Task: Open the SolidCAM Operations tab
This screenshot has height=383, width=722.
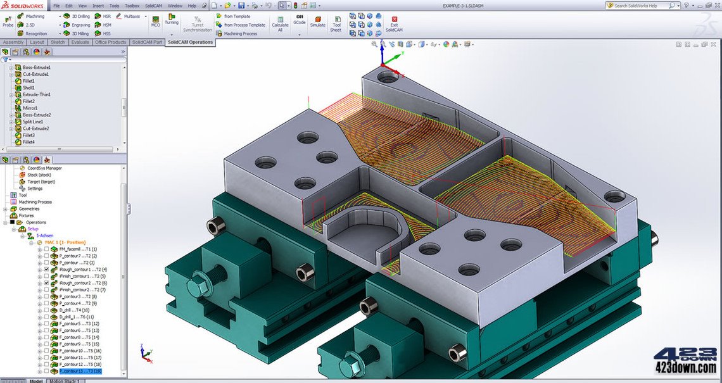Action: (x=190, y=42)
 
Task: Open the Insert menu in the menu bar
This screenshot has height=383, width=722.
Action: (x=98, y=5)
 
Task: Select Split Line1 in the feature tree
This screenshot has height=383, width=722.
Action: (x=34, y=122)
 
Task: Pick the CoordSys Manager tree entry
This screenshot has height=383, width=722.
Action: (x=44, y=168)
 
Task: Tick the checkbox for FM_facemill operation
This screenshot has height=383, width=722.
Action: (x=46, y=249)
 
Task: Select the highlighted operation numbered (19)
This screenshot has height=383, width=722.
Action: (x=79, y=371)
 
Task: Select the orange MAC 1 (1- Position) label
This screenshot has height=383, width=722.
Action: (x=65, y=242)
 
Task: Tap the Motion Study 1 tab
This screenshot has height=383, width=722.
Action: (x=65, y=381)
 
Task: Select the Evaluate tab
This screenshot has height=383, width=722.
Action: (x=80, y=42)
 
